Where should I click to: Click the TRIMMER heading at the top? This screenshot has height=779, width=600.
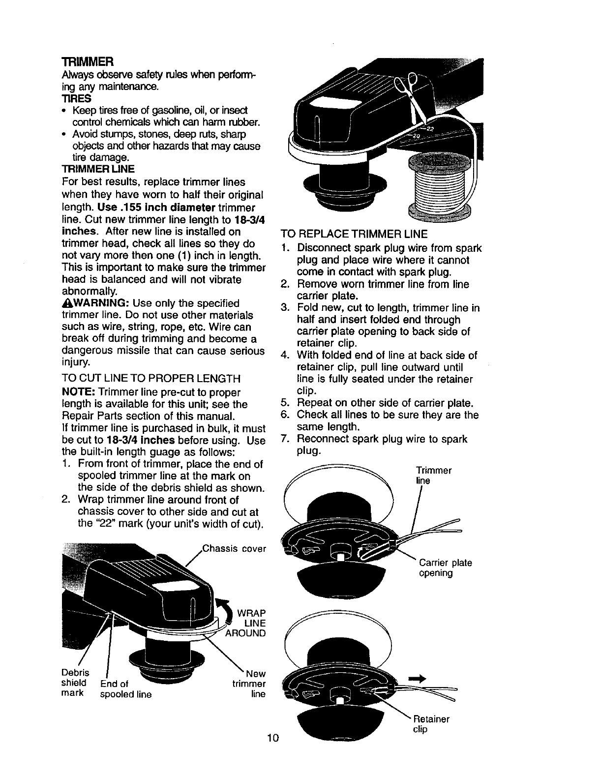tap(88, 62)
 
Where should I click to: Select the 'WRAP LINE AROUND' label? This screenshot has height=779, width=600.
tap(248, 623)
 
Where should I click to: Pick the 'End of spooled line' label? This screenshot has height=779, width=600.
tap(125, 689)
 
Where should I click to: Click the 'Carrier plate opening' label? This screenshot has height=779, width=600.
tap(445, 568)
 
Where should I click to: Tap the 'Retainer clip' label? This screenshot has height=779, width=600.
tap(431, 724)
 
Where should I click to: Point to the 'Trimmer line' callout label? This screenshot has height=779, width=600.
tap(433, 475)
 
